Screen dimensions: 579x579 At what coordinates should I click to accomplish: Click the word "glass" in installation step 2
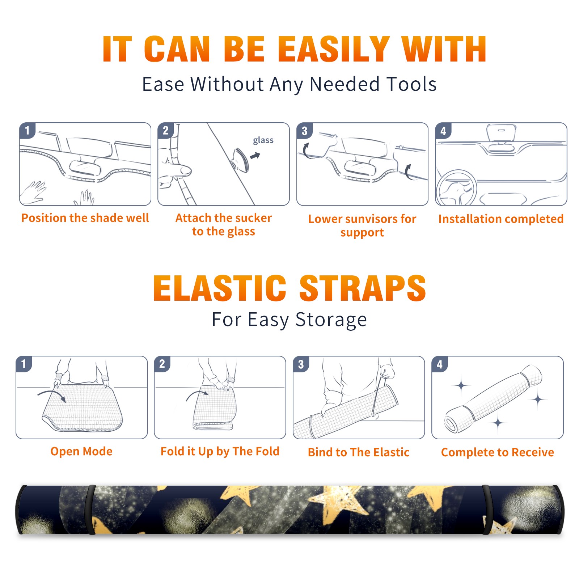(x=263, y=140)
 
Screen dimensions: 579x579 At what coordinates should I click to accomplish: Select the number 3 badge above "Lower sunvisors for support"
(x=304, y=131)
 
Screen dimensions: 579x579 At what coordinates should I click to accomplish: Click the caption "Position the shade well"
(x=85, y=218)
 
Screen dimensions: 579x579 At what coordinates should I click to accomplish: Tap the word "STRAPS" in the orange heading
(x=363, y=288)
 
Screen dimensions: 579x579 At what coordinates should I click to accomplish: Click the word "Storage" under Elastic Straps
(x=331, y=320)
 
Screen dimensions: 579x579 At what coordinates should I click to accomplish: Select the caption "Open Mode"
(x=81, y=451)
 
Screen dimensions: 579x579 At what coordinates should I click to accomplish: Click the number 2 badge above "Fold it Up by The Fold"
(x=162, y=364)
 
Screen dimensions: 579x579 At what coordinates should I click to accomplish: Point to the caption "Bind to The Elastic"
(x=359, y=452)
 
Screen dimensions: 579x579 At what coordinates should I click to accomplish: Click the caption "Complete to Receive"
(x=498, y=452)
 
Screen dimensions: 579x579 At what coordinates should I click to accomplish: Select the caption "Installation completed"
(x=501, y=219)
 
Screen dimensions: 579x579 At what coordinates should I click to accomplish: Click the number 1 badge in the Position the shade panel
(x=27, y=130)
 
